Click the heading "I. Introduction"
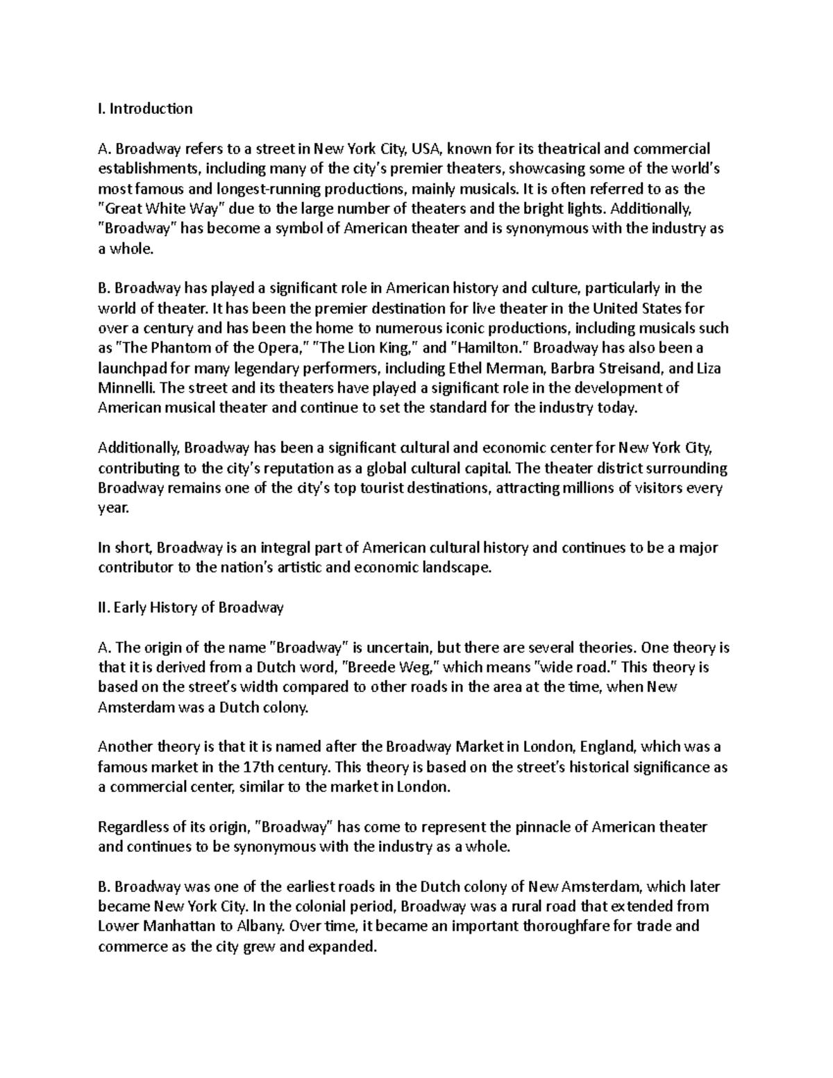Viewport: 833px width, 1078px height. click(x=145, y=108)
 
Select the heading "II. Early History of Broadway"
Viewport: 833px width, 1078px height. click(x=191, y=608)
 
